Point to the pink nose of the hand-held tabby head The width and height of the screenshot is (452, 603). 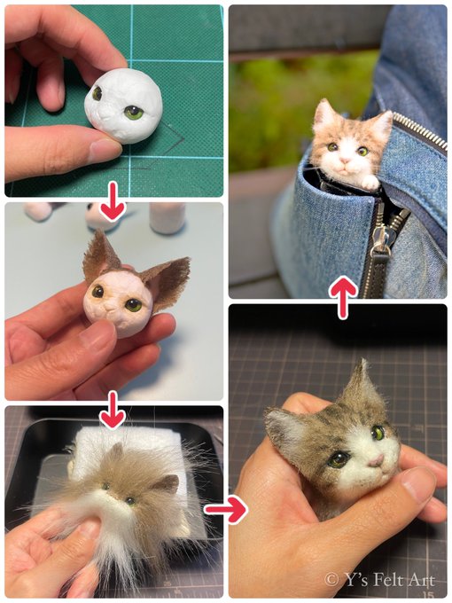pyautogui.click(x=376, y=460)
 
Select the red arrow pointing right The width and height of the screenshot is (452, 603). pyautogui.click(x=226, y=509)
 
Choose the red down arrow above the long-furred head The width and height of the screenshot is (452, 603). pyautogui.click(x=113, y=410)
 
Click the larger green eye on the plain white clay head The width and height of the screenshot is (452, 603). pyautogui.click(x=134, y=113)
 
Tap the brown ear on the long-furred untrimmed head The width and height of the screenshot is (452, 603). pyautogui.click(x=168, y=483)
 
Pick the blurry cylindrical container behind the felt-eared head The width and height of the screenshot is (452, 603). pyautogui.click(x=168, y=217)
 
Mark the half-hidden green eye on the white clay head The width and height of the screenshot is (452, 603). pyautogui.click(x=97, y=93)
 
